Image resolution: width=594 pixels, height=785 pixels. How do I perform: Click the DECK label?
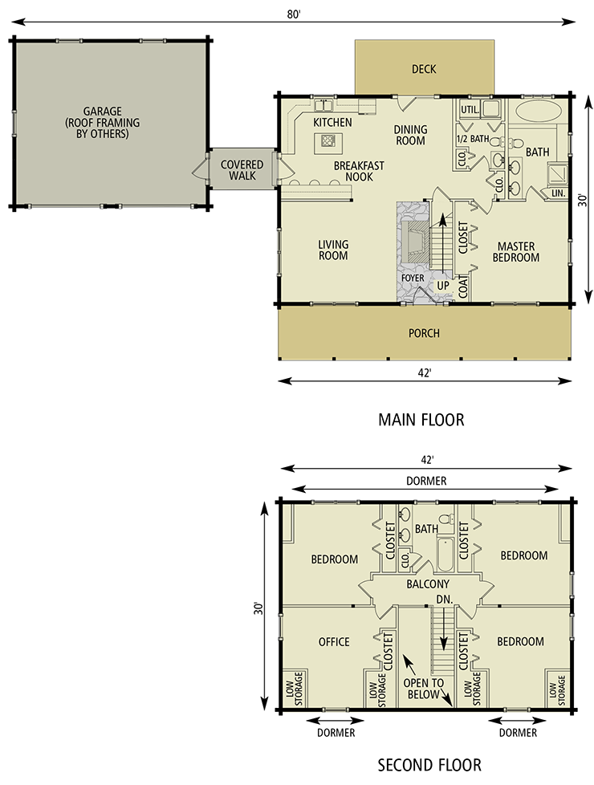tap(424, 69)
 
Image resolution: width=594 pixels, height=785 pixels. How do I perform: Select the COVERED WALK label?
tap(242, 169)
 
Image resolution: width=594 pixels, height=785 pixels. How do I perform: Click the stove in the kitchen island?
tap(328, 142)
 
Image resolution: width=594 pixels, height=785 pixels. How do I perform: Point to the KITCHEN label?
tap(332, 123)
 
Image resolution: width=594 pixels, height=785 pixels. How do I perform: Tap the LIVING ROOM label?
tap(332, 250)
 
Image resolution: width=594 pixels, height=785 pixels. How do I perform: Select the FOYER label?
tap(413, 279)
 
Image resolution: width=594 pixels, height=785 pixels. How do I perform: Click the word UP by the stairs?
tap(443, 285)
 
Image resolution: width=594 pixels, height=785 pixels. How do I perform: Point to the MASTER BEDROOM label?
tap(516, 252)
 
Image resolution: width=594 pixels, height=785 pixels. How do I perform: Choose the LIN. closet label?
tap(558, 193)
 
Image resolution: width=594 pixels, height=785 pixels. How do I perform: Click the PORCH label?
tap(424, 333)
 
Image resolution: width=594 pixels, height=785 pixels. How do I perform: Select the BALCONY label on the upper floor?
tap(428, 584)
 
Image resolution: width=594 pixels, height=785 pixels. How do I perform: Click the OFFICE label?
tap(334, 641)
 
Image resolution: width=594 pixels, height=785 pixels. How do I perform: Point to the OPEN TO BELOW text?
tap(424, 689)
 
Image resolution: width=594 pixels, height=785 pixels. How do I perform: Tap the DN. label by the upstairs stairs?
tap(443, 599)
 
